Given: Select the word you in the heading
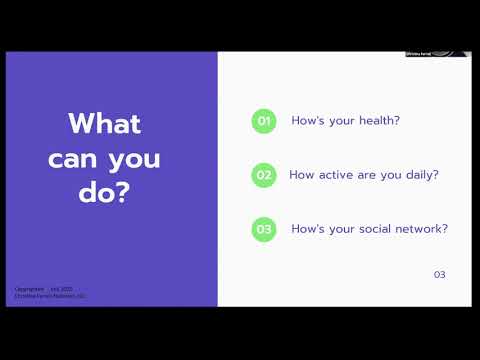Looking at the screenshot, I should click(134, 159).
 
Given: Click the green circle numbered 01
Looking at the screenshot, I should click(264, 121).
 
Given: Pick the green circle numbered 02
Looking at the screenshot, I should click(264, 175).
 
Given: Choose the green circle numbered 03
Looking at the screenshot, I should click(264, 229).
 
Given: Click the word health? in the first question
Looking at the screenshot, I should click(378, 121).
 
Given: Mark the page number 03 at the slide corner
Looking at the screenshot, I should click(439, 275).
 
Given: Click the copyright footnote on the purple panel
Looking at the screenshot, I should click(51, 293).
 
